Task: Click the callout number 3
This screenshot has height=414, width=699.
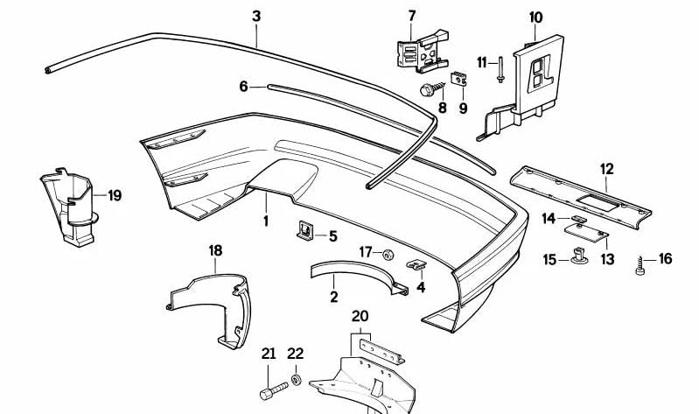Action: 255,16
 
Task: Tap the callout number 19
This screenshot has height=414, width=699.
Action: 115,195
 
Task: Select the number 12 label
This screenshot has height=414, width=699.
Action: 606,166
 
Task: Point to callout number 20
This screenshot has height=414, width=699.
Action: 360,316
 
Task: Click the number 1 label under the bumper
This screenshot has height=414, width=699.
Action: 266,221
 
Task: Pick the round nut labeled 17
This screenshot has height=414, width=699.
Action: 386,254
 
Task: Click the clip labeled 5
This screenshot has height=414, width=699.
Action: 304,232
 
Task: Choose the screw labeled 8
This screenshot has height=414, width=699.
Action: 428,89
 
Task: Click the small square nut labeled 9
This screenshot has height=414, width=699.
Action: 458,80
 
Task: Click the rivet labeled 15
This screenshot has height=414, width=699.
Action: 580,257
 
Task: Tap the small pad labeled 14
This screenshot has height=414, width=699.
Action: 578,219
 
